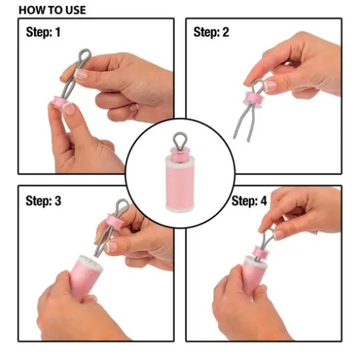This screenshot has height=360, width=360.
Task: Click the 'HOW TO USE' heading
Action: [x=52, y=10]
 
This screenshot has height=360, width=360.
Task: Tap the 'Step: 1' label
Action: [x=43, y=32]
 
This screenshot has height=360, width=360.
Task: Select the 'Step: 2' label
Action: [x=211, y=32]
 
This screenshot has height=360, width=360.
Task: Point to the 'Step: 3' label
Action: [x=43, y=201]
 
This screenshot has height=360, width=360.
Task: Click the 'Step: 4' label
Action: [x=249, y=201]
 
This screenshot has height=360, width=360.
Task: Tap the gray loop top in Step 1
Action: [x=85, y=55]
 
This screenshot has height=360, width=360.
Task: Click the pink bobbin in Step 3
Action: [x=115, y=221]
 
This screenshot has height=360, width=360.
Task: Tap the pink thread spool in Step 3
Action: [x=84, y=277]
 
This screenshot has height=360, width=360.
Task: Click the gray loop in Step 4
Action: [x=268, y=236]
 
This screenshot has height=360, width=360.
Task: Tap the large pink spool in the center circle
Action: [x=180, y=181]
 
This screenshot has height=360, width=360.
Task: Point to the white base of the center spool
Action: [x=180, y=207]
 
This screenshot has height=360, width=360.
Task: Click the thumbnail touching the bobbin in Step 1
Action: [x=69, y=109]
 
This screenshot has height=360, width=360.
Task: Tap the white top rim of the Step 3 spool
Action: [x=90, y=261]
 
